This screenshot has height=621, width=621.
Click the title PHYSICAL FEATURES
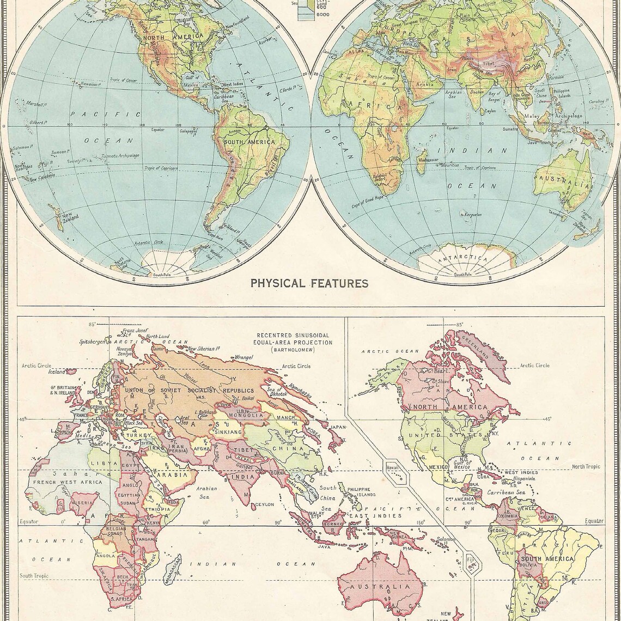[x=309, y=283]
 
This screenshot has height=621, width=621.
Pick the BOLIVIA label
[x=531, y=567]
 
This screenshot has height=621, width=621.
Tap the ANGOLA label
[x=106, y=556]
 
